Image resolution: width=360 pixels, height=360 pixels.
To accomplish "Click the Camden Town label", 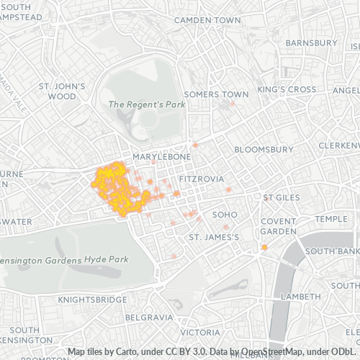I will (207, 20).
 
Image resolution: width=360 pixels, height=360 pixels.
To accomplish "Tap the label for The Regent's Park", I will (146, 104).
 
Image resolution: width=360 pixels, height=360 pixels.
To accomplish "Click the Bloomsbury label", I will (264, 149).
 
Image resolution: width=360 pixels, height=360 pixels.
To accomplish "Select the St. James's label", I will (213, 237).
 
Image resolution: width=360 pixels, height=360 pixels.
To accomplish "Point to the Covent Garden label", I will (279, 227).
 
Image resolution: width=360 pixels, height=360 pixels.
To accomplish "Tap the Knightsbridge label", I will (87, 297).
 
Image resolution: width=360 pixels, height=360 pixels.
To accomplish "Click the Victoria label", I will (200, 333).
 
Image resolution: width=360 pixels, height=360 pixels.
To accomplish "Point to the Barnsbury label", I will (311, 43).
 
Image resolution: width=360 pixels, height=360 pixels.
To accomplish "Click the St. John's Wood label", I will (62, 91).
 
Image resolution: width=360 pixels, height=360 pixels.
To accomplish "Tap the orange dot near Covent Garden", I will (264, 248).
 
